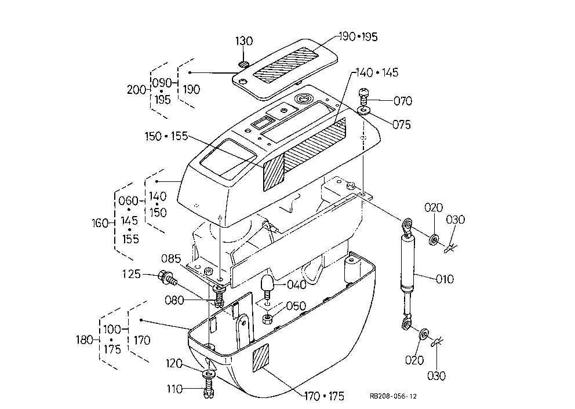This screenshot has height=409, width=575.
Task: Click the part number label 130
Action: tap(244, 41)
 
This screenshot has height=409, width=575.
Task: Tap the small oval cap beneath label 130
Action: tap(243, 64)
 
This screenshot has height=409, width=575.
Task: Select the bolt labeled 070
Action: tap(363, 96)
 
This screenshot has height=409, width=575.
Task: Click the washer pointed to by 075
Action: tap(364, 110)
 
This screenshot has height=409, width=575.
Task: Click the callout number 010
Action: tap(445, 279)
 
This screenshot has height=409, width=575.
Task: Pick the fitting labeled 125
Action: tap(168, 278)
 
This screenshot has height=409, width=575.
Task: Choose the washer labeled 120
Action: tap(209, 375)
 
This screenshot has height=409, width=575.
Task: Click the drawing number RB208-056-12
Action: tap(393, 396)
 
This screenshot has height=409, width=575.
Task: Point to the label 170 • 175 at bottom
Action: tap(324, 396)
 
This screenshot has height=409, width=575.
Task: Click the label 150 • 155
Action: tap(166, 136)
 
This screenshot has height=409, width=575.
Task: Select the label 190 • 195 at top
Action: tap(358, 36)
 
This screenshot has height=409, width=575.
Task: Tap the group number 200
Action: tap(136, 90)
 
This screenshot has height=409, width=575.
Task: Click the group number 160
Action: tap(100, 223)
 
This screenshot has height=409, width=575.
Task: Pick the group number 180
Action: tap(85, 339)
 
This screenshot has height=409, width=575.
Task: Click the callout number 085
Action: tap(171, 259)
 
